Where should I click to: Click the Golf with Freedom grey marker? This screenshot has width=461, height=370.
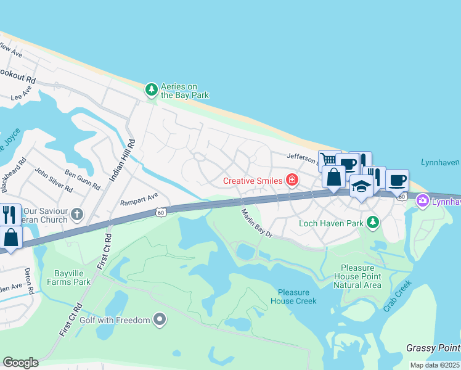(160, 319)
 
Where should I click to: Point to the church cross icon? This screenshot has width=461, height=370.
(76, 214)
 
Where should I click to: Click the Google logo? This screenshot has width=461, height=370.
(20, 363)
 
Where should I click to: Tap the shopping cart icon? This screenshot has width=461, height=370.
(328, 160)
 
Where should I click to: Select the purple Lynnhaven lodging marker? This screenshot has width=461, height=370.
(423, 200)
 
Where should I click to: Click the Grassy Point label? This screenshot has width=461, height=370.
(433, 348)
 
